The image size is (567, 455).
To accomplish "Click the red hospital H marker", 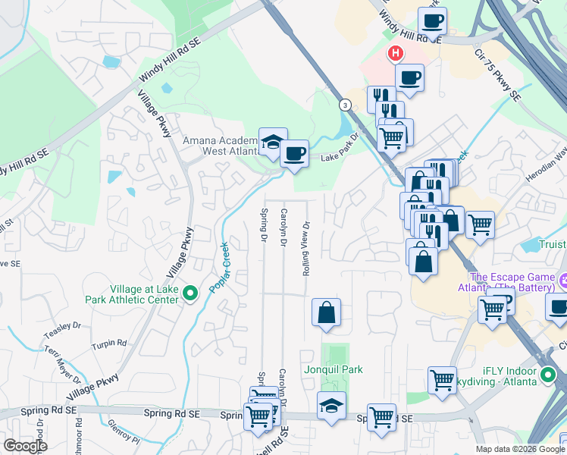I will [395, 54].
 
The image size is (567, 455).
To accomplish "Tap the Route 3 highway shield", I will [346, 105].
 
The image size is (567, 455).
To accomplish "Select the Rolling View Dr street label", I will [307, 248].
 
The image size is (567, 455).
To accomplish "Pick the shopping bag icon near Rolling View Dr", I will [326, 312].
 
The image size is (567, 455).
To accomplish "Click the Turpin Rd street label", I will [108, 344].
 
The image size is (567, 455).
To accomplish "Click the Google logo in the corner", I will [25, 446].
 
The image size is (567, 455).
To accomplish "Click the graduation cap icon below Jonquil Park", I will [331, 405].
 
